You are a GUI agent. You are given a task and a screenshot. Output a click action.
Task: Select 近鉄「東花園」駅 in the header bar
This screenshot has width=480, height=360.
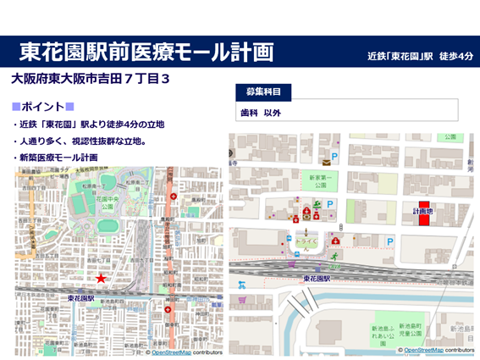point(402,57)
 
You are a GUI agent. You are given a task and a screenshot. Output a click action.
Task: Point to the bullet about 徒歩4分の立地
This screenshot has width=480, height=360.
point(91,125)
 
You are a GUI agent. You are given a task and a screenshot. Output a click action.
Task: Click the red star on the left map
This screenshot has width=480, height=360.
point(101,279)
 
